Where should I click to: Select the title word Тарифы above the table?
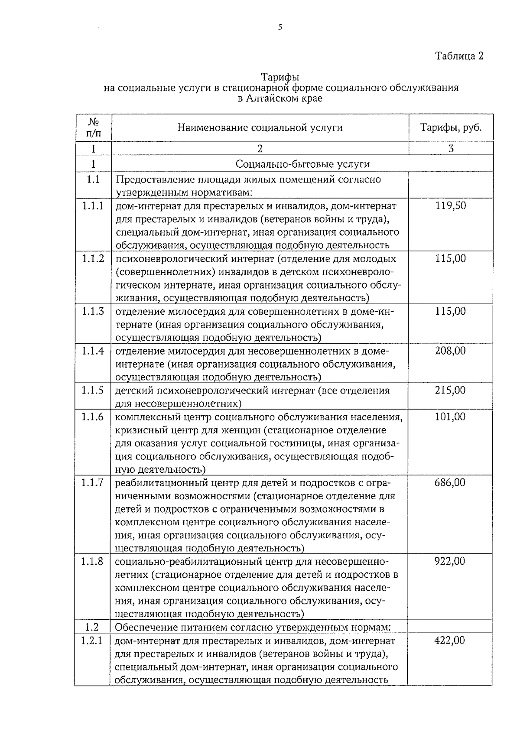pyautogui.click(x=280, y=77)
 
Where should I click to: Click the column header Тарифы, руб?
pyautogui.click(x=451, y=127)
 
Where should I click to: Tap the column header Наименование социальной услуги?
pyautogui.click(x=260, y=127)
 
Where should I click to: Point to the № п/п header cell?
pyautogui.click(x=94, y=127)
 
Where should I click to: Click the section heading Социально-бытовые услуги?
pyautogui.click(x=302, y=164)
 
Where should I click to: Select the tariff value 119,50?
pyautogui.click(x=451, y=205)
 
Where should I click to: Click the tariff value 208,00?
pyautogui.click(x=451, y=351)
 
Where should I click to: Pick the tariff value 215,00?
pyautogui.click(x=451, y=390)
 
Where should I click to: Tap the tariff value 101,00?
pyautogui.click(x=451, y=417)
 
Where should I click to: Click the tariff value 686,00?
pyautogui.click(x=450, y=482)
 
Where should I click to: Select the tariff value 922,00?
pyautogui.click(x=450, y=562)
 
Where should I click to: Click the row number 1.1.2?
pyautogui.click(x=93, y=259)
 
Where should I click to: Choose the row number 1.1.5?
pyautogui.click(x=93, y=390)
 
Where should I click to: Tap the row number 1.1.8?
pyautogui.click(x=92, y=562)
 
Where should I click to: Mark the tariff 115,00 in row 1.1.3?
pyautogui.click(x=451, y=311)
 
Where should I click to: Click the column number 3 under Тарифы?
pyautogui.click(x=451, y=149)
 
